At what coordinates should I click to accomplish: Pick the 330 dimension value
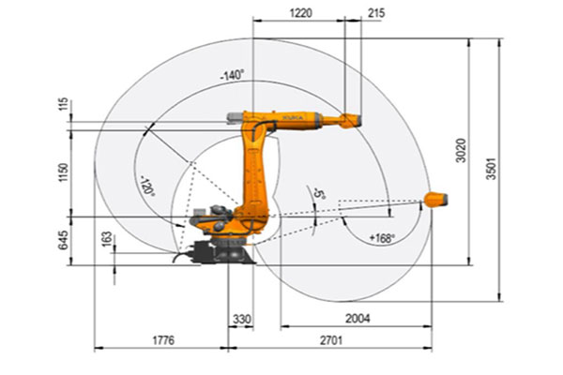coord(242,320)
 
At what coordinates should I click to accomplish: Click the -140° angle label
coord(232,74)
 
